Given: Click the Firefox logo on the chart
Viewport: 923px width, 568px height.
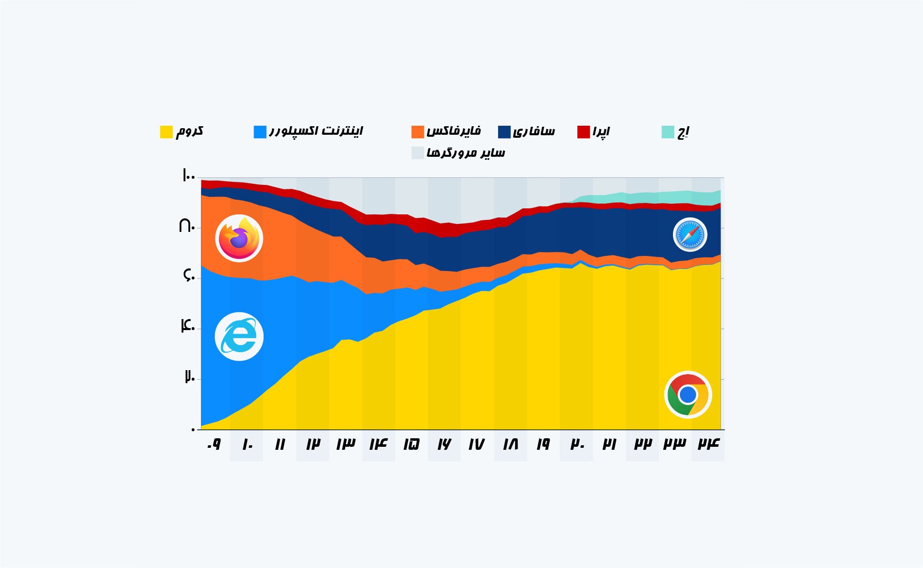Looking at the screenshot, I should click(x=239, y=238).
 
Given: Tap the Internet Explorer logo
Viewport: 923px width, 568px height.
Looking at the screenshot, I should click(x=239, y=337).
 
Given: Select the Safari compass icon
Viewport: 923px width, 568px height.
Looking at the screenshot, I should click(x=690, y=234).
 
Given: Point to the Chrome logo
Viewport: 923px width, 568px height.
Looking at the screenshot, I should click(x=688, y=395).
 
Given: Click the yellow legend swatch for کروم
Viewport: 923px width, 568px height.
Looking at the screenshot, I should click(x=166, y=132).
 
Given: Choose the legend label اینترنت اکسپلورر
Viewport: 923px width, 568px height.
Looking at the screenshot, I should click(x=316, y=131).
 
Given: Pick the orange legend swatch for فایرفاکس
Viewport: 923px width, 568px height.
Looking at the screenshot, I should click(x=417, y=132).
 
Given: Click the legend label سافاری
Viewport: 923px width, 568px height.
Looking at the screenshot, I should click(x=534, y=131).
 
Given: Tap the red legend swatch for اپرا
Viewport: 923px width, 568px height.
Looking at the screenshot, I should click(x=583, y=132).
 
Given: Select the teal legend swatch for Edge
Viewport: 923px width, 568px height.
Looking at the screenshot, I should click(x=667, y=132).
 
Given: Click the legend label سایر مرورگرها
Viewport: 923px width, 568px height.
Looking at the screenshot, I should click(x=466, y=153).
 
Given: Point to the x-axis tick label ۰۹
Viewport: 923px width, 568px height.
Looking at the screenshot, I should click(x=214, y=444).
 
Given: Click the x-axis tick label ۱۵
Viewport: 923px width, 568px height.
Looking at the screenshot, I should click(x=411, y=444).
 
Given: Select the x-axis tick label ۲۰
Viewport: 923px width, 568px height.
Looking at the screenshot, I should click(x=577, y=444).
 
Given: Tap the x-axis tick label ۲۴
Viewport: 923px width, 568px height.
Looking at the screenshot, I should click(x=709, y=444).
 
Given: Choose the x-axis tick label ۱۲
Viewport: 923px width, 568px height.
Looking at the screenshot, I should click(x=313, y=444).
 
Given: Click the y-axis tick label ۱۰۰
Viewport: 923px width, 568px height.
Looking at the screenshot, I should click(x=188, y=175).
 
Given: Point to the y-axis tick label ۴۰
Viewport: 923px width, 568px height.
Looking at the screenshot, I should click(x=187, y=326).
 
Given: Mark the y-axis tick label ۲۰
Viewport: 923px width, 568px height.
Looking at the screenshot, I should click(x=189, y=376).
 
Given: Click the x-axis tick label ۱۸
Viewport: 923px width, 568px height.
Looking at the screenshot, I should click(x=510, y=444).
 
